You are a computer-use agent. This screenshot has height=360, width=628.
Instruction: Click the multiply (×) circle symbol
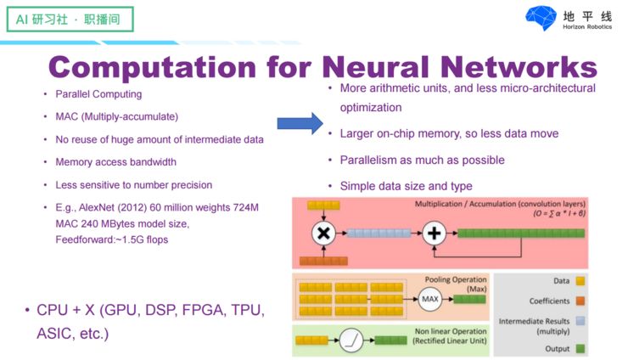click(x=322, y=233)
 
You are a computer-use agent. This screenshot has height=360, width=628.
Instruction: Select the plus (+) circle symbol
click(x=433, y=233)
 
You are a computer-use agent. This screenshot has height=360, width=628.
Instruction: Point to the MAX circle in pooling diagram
click(x=430, y=298)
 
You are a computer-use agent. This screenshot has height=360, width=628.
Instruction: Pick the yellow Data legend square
click(x=580, y=280)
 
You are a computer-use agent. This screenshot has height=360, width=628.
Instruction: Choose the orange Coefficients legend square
click(x=580, y=301)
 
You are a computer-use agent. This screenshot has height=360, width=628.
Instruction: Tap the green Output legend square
click(x=580, y=348)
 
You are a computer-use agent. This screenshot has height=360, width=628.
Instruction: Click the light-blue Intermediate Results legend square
click(x=580, y=321)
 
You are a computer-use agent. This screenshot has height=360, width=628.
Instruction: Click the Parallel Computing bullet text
click(x=98, y=94)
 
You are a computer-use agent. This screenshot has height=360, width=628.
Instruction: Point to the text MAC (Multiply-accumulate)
click(x=116, y=116)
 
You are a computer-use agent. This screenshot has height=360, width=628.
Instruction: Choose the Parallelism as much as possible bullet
click(x=422, y=160)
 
